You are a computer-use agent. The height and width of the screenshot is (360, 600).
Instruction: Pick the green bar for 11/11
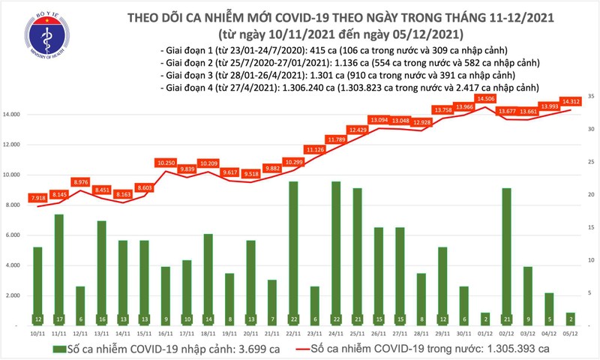coord(58,270)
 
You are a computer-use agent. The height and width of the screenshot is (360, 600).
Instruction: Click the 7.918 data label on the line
coord(37,198)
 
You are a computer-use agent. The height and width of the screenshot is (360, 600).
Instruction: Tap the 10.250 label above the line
coord(166,162)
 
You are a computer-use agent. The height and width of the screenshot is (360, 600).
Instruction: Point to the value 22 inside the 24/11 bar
coord(336,319)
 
